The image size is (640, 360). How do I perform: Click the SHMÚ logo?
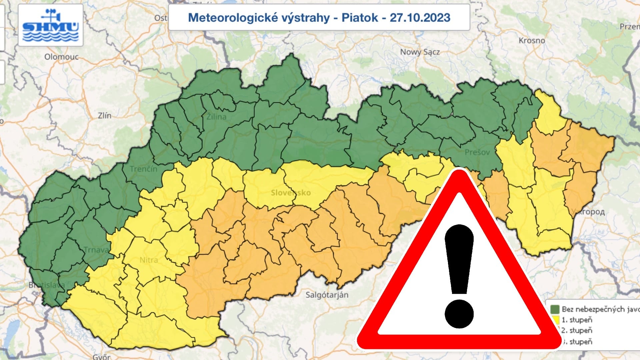tap(51, 26)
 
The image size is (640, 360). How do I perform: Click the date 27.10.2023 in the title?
tap(420, 18)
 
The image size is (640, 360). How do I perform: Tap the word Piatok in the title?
tap(360, 18)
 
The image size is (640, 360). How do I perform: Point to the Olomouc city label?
tap(62, 57)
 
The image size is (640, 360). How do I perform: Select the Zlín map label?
tap(105, 116)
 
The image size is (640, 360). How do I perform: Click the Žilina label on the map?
tap(216, 117)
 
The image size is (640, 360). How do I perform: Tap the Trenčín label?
tap(143, 169)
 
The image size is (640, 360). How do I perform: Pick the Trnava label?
tap(96, 250)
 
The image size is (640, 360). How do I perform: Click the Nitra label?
tap(149, 260)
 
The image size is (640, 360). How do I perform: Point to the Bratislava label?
tap(47, 285)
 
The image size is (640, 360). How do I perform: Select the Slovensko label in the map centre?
tap(291, 193)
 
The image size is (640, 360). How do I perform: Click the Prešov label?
tap(477, 152)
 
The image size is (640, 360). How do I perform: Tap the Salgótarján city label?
tap(327, 295)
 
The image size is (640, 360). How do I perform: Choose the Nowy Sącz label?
tap(420, 52)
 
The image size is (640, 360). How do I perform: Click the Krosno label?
tap(532, 41)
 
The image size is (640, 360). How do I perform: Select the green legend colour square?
tap(555, 309)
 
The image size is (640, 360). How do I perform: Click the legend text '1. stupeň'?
tap(577, 320)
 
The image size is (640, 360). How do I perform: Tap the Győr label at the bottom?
tap(102, 357)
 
